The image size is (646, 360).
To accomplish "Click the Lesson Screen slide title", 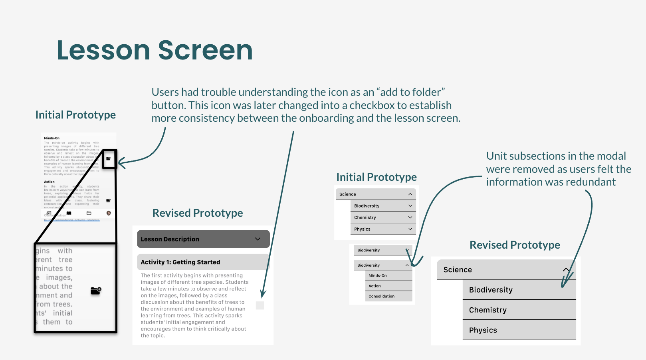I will (x=155, y=50).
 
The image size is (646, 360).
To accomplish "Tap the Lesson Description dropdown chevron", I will (x=258, y=239).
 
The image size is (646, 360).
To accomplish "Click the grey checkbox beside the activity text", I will (x=260, y=305).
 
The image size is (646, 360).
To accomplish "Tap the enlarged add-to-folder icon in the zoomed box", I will (x=96, y=291).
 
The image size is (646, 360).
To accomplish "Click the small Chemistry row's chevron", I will (x=410, y=218).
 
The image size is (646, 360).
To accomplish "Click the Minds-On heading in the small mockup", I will (x=52, y=138).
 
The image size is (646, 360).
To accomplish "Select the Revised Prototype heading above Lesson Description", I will (x=198, y=213).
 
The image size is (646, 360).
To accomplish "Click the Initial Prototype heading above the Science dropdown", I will (x=376, y=177).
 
